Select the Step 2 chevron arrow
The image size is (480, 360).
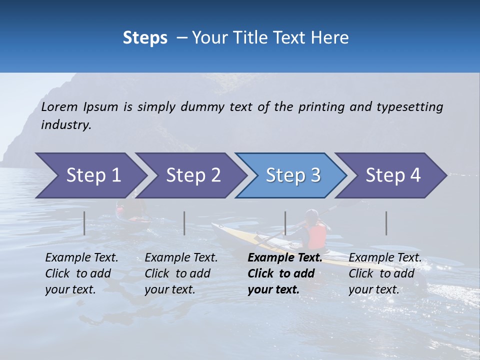(190, 175)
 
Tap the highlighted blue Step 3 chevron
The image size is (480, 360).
(290, 175)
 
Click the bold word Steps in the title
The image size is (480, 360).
(145, 37)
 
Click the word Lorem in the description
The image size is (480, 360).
(59, 106)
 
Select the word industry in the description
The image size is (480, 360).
(66, 125)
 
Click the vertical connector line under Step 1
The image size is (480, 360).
(84, 223)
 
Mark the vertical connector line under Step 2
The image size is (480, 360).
(184, 223)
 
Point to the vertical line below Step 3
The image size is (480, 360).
(285, 223)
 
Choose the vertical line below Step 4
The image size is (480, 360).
(386, 223)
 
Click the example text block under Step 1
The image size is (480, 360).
(81, 273)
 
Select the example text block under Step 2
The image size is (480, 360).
(181, 273)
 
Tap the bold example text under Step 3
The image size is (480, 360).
(284, 273)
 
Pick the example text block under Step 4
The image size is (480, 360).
(384, 273)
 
